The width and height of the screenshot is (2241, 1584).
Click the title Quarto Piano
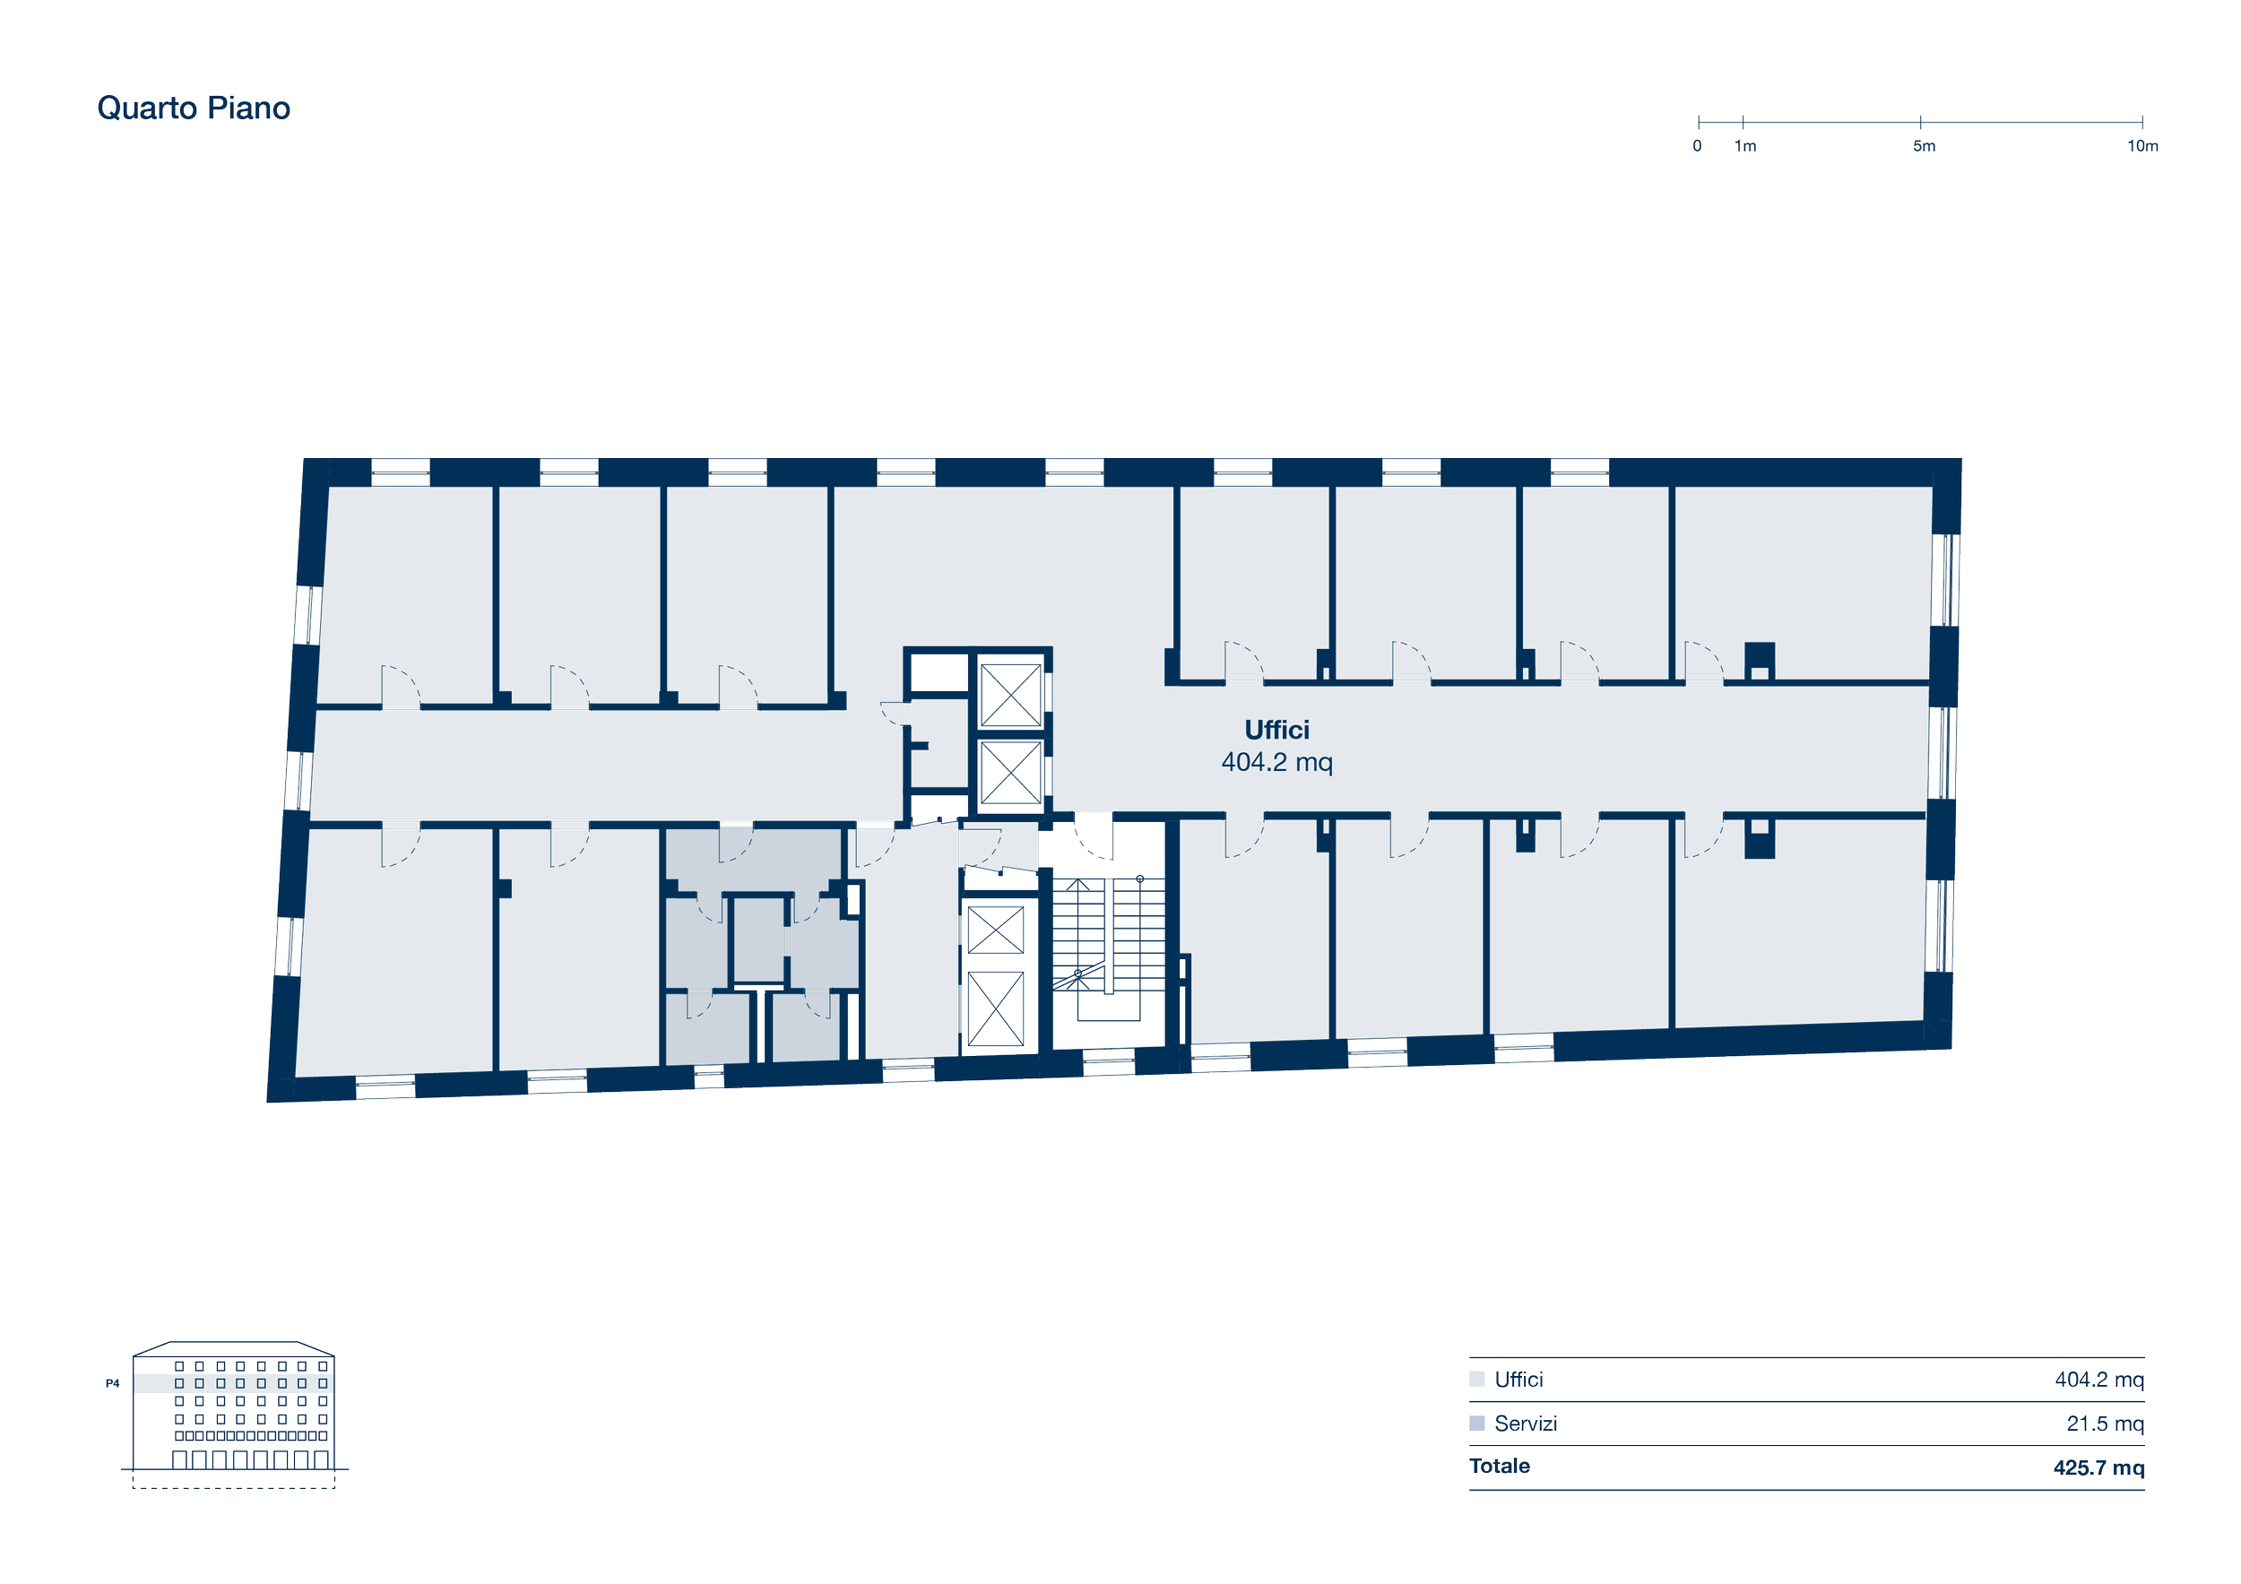(x=194, y=108)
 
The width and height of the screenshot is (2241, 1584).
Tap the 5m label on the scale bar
(x=1924, y=146)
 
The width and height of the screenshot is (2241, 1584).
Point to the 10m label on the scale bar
(x=2142, y=146)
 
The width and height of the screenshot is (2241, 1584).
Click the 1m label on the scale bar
(x=1745, y=146)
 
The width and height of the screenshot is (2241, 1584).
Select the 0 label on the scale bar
(x=1698, y=146)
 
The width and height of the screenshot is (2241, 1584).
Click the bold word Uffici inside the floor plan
(x=1276, y=730)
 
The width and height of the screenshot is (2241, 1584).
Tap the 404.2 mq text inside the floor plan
(x=1276, y=762)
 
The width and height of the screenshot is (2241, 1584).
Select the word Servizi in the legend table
(x=1526, y=1424)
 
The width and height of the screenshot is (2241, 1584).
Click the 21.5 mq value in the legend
(x=2106, y=1424)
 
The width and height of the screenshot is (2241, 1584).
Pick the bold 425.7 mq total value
(x=2098, y=1467)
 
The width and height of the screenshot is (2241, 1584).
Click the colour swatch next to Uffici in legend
(x=1476, y=1379)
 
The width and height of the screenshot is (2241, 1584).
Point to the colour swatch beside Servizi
(x=1476, y=1423)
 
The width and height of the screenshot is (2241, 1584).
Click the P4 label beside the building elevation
(x=112, y=1383)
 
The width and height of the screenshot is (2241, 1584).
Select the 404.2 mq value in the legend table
(x=2099, y=1380)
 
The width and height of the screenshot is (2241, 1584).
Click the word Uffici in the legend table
(x=1519, y=1379)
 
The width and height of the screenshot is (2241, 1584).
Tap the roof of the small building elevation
(x=233, y=1348)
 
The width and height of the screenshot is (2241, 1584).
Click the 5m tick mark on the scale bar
(x=1921, y=122)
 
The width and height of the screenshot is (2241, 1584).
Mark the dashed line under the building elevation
(x=233, y=1487)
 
